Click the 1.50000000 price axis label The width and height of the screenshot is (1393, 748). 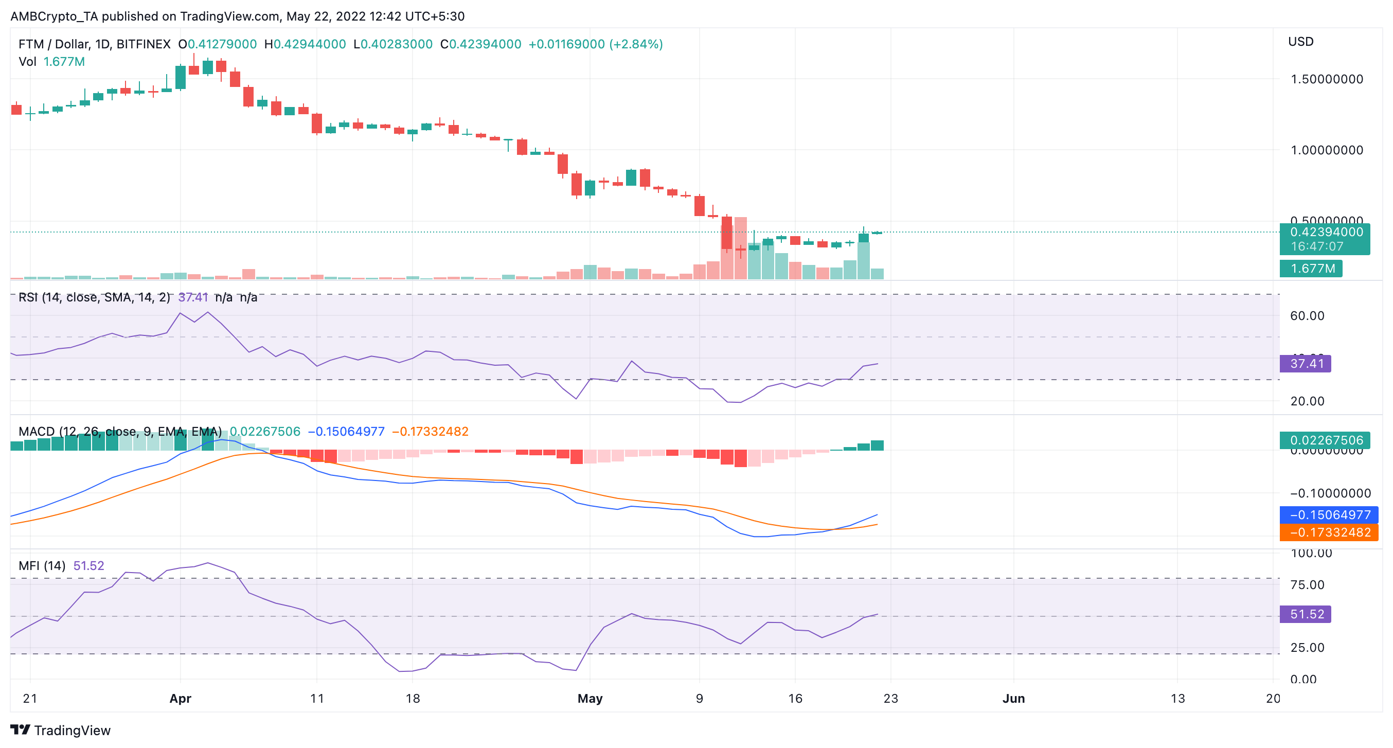[1327, 79]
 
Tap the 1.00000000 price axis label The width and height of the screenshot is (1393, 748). [1327, 150]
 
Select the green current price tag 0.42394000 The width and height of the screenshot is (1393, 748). [1326, 232]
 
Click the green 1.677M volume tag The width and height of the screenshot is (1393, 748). [1312, 268]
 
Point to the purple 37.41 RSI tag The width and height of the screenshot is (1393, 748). [1306, 363]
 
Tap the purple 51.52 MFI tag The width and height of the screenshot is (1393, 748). [1306, 614]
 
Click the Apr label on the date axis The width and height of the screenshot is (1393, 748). [180, 698]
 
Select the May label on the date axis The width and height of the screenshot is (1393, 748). [590, 698]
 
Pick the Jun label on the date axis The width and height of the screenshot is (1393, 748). [1013, 698]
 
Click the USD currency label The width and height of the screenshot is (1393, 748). [1300, 42]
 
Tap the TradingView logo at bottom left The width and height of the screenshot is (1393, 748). [61, 730]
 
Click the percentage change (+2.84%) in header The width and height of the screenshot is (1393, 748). [636, 44]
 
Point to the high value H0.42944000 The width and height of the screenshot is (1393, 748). [305, 44]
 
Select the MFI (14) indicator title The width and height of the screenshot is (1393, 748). [42, 565]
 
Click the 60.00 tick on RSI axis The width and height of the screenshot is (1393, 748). [1307, 315]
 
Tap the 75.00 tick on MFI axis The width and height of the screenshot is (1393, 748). [1307, 584]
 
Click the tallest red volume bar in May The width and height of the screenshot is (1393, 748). [740, 249]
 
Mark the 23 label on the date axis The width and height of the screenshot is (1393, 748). [890, 698]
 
